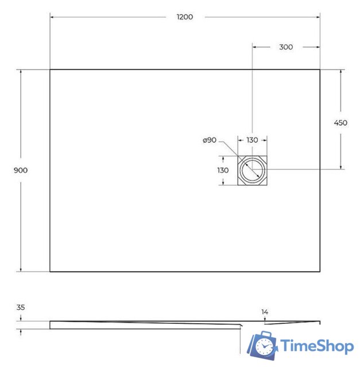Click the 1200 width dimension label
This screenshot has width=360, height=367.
[x=185, y=17]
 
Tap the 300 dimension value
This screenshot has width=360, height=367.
[x=285, y=47]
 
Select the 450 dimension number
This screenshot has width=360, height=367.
[x=340, y=123]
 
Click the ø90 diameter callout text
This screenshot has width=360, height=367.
[x=209, y=140]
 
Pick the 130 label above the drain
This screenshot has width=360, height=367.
[x=253, y=140]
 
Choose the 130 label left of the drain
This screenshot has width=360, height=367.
[x=223, y=170]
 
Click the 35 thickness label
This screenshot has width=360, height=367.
[x=21, y=307]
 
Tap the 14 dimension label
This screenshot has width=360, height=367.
[x=264, y=312]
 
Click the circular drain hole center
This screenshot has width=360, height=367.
[x=253, y=170]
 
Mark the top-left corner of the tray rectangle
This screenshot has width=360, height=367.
[x=50, y=70]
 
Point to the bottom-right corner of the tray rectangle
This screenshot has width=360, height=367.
[x=320, y=271]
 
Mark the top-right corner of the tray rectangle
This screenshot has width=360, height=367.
[x=320, y=70]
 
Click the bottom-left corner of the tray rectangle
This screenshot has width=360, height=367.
[x=50, y=271]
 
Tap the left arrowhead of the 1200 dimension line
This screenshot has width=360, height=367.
[x=52, y=17]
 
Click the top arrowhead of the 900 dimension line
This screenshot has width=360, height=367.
[x=21, y=72]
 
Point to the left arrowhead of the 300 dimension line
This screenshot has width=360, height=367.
[x=254, y=47]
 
